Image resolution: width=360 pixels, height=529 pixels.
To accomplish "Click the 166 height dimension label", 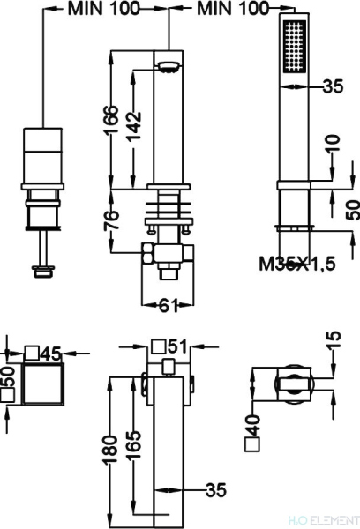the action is tap(111, 119).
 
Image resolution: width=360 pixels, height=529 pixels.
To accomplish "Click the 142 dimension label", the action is tap(134, 126).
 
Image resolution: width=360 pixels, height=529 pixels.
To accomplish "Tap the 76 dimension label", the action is tap(112, 220).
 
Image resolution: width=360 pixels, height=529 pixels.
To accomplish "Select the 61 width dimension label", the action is tap(168, 306).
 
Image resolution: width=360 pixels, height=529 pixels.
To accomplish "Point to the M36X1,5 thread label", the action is tap(297, 264).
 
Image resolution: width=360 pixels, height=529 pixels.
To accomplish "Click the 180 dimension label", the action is tap(111, 450).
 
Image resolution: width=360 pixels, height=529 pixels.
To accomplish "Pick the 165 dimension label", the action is tap(133, 444).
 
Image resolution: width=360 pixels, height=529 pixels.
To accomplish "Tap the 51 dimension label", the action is tap(177, 346).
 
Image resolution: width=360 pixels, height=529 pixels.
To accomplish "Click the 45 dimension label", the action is tap(51, 354).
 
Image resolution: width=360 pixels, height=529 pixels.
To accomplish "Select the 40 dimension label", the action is tap(252, 425).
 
